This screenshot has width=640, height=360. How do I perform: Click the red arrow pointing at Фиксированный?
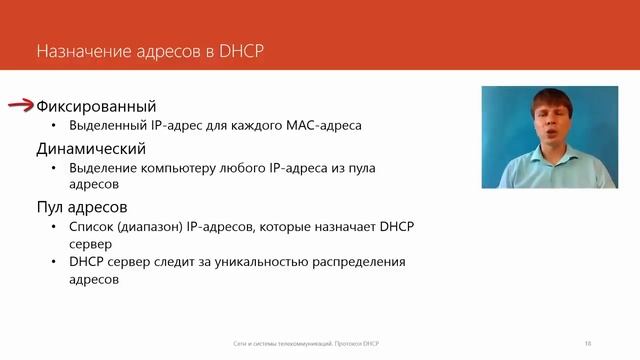21,106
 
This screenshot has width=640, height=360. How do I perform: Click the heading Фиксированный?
95,106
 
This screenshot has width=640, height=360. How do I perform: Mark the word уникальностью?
257,263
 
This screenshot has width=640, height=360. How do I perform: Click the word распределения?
356,263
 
